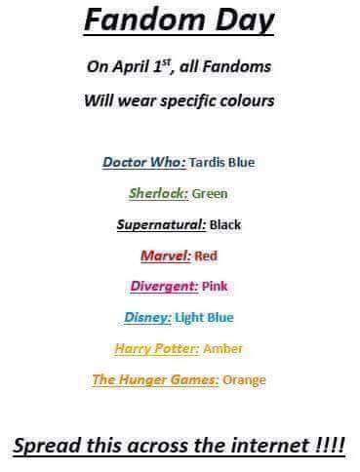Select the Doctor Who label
[x=142, y=162]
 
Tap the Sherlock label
[x=158, y=193]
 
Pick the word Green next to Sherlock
[x=210, y=193]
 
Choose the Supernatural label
[x=161, y=224]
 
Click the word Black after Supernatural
[x=225, y=224]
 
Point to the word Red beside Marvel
[x=206, y=256]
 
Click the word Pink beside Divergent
[x=215, y=286]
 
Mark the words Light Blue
[x=206, y=317]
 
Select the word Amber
[x=224, y=348]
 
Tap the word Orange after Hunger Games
[x=245, y=379]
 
